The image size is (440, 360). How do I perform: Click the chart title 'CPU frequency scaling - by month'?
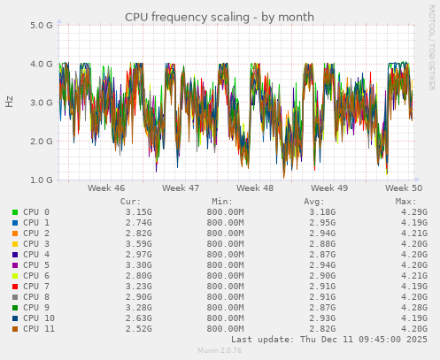point(219,17)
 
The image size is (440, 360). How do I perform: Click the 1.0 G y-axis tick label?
point(41,180)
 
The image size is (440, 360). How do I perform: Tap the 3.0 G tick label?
point(41,103)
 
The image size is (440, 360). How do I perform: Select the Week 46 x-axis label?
point(106,188)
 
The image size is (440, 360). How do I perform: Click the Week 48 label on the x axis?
point(255,188)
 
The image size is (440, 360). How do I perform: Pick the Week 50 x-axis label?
point(405,188)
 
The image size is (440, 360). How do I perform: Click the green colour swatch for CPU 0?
point(15,212)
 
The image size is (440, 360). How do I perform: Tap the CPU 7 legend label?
point(36,287)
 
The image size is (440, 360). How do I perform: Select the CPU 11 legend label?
point(39,329)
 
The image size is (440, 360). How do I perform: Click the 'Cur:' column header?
point(130,202)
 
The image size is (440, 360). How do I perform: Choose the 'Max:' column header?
point(405,202)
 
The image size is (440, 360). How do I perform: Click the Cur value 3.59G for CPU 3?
point(138,244)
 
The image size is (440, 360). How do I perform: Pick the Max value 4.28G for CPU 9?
point(413,308)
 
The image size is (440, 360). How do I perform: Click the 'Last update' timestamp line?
point(328,340)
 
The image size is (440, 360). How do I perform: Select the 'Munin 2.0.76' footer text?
point(219,351)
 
